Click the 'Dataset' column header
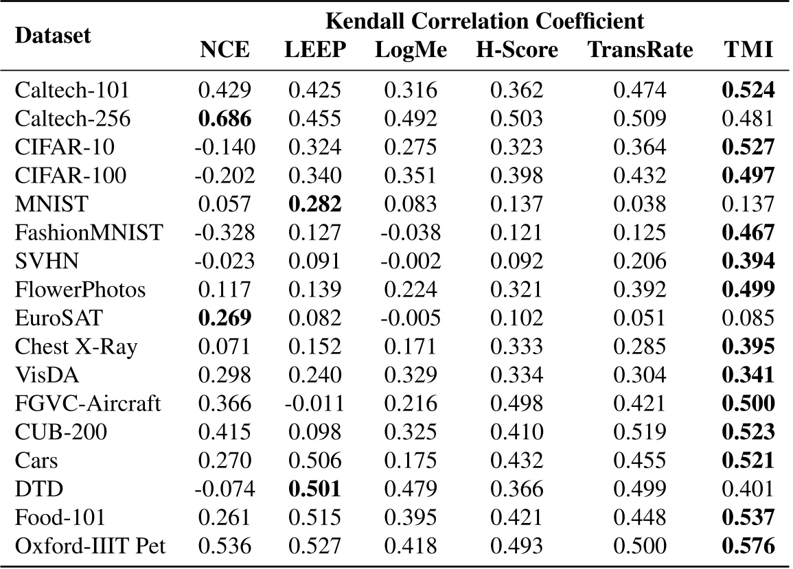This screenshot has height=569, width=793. point(53,36)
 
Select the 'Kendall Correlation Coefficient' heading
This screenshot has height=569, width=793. point(485,21)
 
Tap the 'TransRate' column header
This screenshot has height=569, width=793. point(641,49)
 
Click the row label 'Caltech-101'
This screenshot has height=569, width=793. point(72,90)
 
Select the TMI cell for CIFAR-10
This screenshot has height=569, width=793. point(751,147)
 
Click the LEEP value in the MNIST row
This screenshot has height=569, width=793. point(313,204)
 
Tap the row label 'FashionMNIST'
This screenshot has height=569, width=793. point(89,233)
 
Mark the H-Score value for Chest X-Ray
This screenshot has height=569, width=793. point(516,347)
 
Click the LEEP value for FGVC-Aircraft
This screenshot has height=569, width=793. point(313,404)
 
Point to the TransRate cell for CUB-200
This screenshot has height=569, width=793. point(641,432)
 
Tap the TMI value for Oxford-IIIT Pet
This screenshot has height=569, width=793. point(751,546)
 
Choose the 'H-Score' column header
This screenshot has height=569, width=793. point(516,49)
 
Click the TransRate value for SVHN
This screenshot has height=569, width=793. point(641,262)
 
